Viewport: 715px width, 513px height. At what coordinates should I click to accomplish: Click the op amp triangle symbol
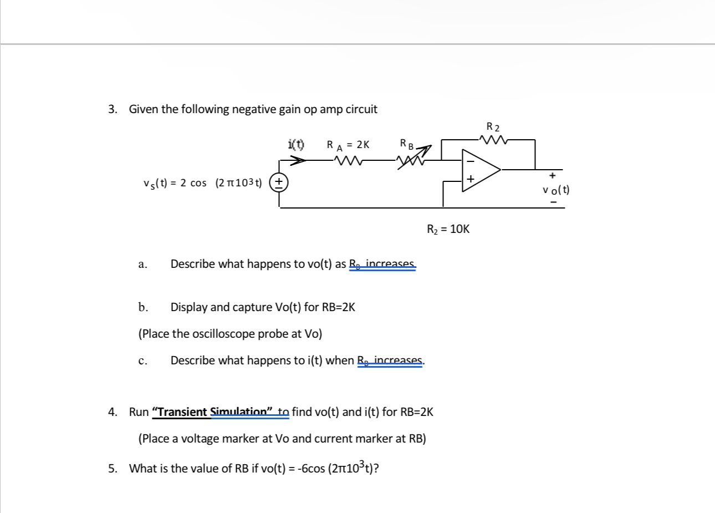(x=480, y=170)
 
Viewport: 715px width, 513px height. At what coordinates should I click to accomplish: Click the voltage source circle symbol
(x=278, y=182)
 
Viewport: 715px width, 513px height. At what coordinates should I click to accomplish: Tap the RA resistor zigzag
(x=348, y=161)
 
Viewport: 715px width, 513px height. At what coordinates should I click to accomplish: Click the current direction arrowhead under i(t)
(x=298, y=160)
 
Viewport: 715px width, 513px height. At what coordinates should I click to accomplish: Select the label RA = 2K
(x=348, y=145)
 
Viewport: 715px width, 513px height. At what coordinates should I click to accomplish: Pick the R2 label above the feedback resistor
(x=493, y=127)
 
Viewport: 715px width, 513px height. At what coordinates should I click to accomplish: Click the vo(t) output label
(x=556, y=190)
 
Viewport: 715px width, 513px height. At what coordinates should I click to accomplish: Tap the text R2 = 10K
(x=448, y=229)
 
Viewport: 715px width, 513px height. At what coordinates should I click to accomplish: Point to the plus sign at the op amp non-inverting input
(x=470, y=179)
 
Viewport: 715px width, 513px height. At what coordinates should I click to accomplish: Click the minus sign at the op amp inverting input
(x=470, y=161)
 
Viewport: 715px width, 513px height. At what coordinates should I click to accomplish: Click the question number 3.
(x=113, y=109)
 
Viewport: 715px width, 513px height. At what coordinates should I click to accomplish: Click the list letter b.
(x=143, y=307)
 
